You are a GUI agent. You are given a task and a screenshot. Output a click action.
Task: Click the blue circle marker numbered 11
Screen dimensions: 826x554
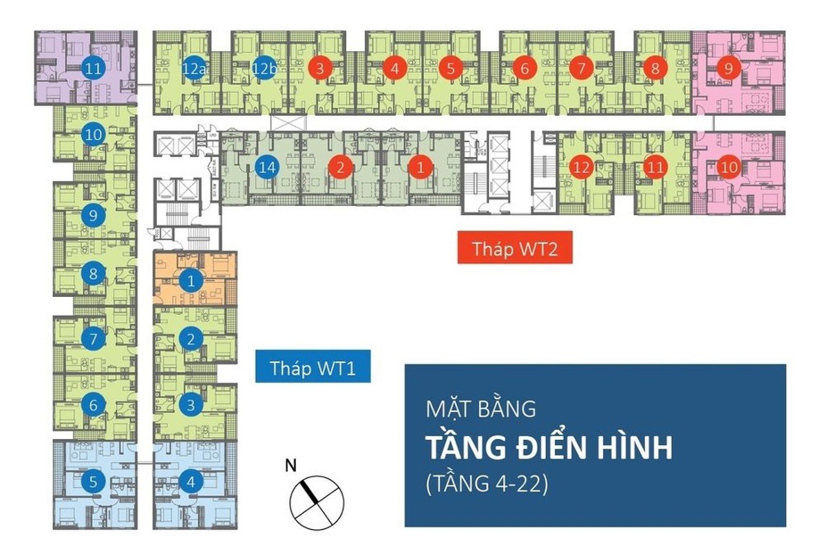click(93, 68)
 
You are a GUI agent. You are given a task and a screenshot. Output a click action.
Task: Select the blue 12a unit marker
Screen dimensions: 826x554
click(193, 68)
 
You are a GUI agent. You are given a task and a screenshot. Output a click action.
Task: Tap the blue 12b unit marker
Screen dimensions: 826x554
click(264, 68)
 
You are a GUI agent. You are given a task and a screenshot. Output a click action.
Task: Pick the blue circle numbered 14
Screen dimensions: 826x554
click(267, 167)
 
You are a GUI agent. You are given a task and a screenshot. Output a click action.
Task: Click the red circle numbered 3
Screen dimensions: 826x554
click(320, 68)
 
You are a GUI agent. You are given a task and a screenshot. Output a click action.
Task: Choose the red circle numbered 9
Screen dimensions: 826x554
click(728, 68)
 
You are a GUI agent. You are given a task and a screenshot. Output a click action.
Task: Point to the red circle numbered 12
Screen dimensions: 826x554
click(582, 167)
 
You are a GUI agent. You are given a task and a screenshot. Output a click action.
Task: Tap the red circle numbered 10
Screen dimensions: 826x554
click(729, 167)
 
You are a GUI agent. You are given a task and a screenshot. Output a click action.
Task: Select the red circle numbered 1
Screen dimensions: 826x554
click(420, 167)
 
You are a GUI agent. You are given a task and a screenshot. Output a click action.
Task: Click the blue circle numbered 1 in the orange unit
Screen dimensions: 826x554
click(191, 281)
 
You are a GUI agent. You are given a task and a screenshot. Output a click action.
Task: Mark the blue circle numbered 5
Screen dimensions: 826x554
click(93, 481)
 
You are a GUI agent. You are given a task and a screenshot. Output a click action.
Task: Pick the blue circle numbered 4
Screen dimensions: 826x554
click(191, 481)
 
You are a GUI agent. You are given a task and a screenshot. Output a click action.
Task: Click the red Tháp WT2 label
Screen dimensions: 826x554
click(515, 247)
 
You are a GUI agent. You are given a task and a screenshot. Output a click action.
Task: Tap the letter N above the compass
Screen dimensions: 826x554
click(290, 465)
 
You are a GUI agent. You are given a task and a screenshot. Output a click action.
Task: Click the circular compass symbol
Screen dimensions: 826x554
click(317, 503)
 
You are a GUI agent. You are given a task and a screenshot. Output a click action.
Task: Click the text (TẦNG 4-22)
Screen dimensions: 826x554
click(487, 484)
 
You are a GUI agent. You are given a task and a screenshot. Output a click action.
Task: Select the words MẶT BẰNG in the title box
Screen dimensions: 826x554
click(481, 407)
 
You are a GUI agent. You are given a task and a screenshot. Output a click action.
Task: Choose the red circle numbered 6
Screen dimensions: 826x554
click(525, 68)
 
